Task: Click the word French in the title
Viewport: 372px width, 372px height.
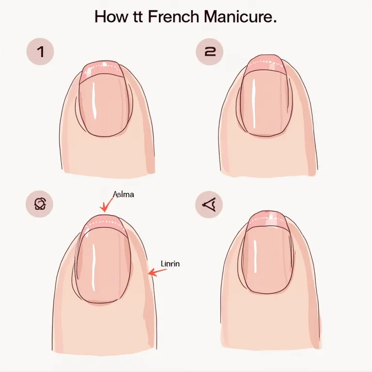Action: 172,17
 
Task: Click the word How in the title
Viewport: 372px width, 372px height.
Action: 109,17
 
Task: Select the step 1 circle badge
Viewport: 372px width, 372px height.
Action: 40,52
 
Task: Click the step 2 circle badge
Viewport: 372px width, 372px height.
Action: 209,52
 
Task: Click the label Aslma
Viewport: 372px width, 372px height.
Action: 124,194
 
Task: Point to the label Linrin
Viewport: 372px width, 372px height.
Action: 170,263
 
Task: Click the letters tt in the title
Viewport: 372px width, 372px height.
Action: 137,17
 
